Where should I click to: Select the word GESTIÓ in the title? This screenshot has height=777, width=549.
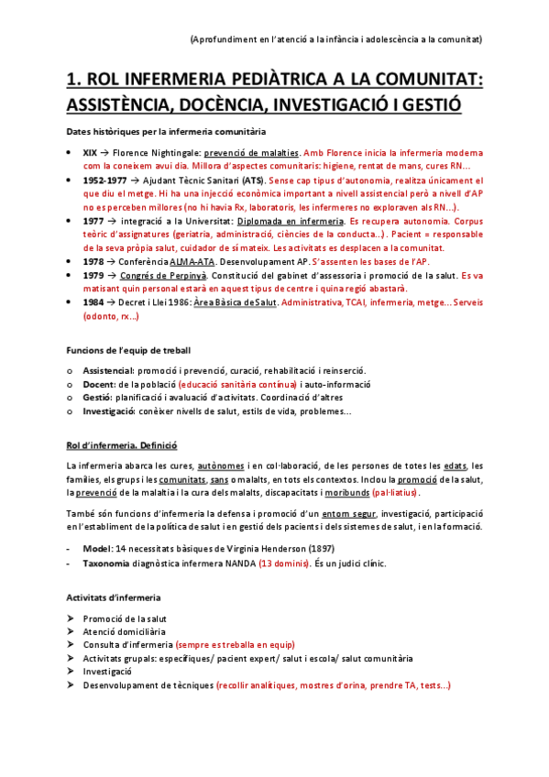(x=422, y=104)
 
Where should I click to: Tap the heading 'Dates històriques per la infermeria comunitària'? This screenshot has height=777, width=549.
(x=166, y=132)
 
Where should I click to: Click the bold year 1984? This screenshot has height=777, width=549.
(x=93, y=301)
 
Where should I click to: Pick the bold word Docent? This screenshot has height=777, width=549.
(x=98, y=384)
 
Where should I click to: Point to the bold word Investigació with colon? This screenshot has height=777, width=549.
(x=109, y=411)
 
